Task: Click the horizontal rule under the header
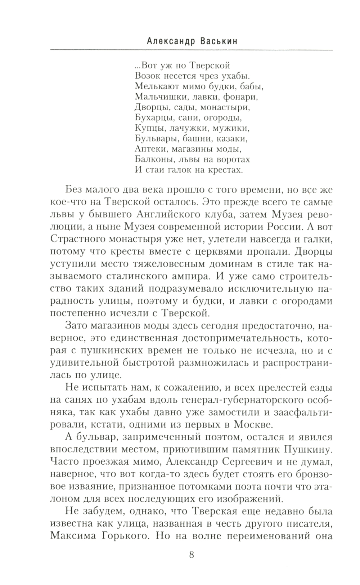coord(191,49)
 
